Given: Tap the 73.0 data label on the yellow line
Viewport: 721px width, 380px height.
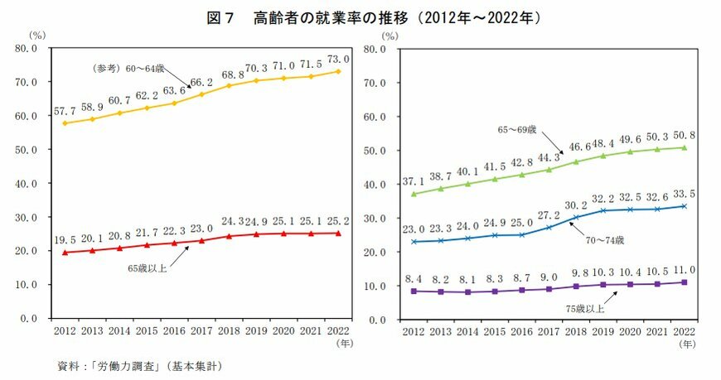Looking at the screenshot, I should pyautogui.click(x=338, y=60).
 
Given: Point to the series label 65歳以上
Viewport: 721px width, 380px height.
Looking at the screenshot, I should pyautogui.click(x=147, y=267).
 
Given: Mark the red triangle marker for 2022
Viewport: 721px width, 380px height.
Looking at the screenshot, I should pyautogui.click(x=338, y=233).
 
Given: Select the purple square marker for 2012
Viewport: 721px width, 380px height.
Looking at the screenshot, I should pyautogui.click(x=413, y=291).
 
